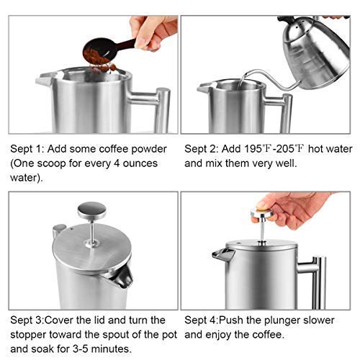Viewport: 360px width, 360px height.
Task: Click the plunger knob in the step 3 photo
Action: (x=87, y=210)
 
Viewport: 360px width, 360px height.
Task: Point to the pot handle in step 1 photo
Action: (x=160, y=108)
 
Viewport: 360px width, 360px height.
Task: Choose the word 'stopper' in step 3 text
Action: (x=32, y=333)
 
